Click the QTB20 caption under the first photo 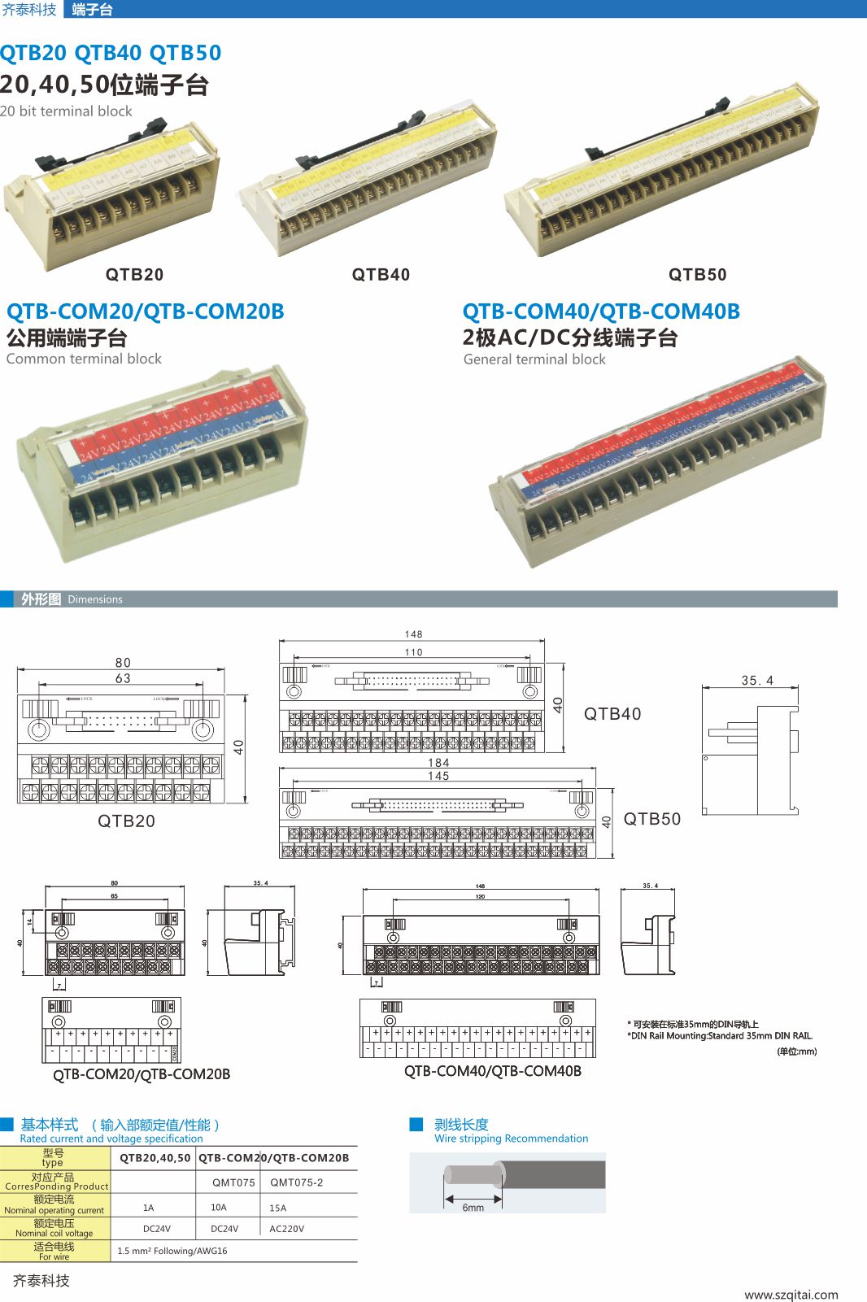click(134, 275)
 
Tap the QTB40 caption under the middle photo click(381, 275)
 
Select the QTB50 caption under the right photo click(697, 275)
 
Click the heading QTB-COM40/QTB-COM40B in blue click(601, 311)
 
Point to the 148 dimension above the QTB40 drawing click(413, 634)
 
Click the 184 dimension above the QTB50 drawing click(438, 763)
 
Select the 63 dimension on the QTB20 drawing click(123, 678)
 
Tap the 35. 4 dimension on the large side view click(757, 681)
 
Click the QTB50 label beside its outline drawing click(651, 819)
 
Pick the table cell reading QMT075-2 click(296, 1182)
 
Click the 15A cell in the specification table click(278, 1208)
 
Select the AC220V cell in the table click(286, 1229)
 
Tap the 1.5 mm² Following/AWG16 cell click(172, 1251)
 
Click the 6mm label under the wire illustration click(473, 1208)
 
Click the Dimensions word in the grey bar click(95, 599)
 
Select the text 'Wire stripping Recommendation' click(511, 1139)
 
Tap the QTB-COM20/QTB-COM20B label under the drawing click(142, 1074)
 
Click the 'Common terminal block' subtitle click(84, 359)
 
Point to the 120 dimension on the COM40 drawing click(480, 896)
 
